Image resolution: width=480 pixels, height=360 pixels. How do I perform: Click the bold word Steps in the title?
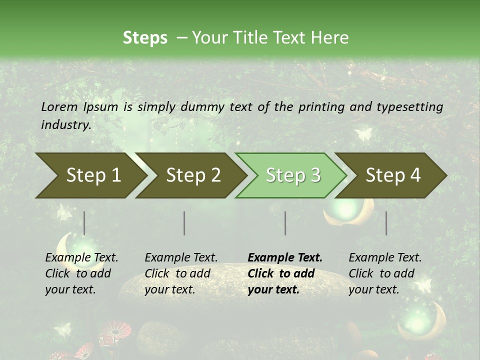pyautogui.click(x=145, y=38)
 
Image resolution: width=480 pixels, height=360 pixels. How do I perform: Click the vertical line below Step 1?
pyautogui.click(x=84, y=223)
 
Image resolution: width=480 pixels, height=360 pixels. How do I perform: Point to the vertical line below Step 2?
pyautogui.click(x=184, y=223)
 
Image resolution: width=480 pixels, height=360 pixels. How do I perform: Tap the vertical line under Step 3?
pyautogui.click(x=285, y=223)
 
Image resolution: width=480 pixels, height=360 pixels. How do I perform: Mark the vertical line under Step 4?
pyautogui.click(x=386, y=223)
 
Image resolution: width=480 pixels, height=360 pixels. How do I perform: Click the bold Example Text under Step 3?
pyautogui.click(x=284, y=273)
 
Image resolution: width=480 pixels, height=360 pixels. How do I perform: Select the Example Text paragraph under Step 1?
pyautogui.click(x=81, y=273)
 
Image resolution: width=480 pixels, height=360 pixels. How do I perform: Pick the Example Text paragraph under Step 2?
pyautogui.click(x=180, y=273)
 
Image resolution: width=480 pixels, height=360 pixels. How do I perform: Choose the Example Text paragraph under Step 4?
pyautogui.click(x=384, y=273)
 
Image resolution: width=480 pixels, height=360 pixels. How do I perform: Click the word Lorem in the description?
pyautogui.click(x=59, y=106)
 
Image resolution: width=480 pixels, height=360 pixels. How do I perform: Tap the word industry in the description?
pyautogui.click(x=65, y=124)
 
